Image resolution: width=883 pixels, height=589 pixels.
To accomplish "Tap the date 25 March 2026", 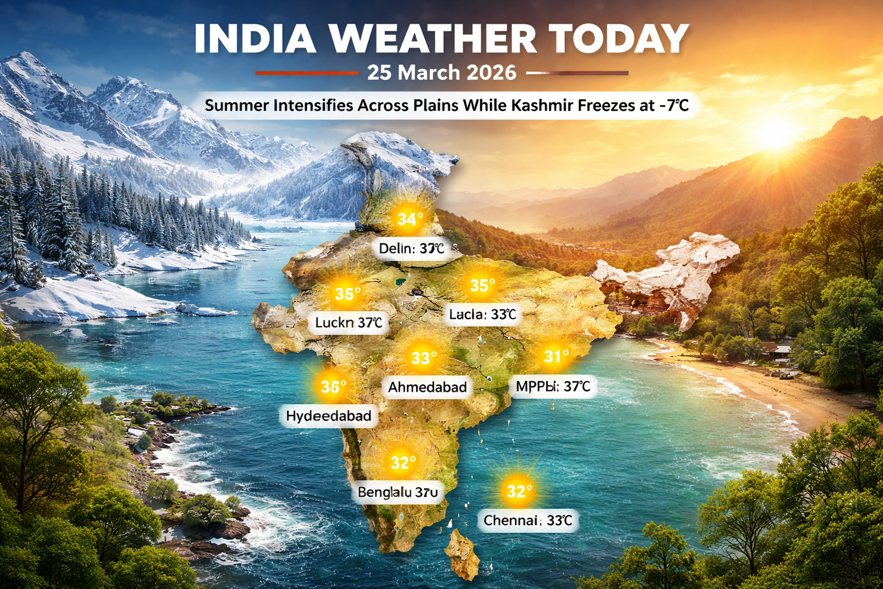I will coord(441,73).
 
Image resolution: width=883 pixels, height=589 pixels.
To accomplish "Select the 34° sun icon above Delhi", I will coord(410,219).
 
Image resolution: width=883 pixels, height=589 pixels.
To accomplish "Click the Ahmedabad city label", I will coord(427,387).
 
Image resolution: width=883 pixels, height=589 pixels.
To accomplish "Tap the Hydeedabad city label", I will coord(328,416).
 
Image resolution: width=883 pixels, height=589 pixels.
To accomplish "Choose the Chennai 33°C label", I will coord(528,521).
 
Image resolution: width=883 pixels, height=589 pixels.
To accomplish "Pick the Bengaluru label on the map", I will coord(398,492).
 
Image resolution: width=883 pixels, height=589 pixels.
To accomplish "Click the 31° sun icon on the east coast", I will coord(556,357).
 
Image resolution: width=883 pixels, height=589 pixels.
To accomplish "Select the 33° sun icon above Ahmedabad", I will coord(424,358).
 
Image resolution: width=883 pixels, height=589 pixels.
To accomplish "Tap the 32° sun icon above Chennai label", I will coord(519,491).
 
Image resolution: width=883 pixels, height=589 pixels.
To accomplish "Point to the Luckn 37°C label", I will coord(348,323).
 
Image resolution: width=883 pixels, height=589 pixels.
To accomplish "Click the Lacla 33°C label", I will coord(482,315).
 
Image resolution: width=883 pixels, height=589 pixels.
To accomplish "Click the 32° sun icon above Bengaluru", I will coord(403,462).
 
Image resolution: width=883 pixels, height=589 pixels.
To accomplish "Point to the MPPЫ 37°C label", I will coord(552,387).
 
